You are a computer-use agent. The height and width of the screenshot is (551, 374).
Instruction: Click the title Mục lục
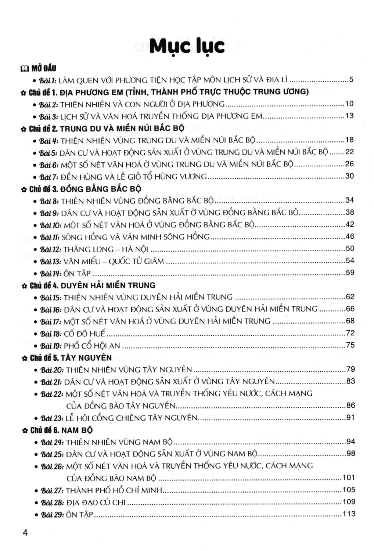187,47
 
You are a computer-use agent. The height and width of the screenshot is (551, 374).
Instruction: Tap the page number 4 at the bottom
25,533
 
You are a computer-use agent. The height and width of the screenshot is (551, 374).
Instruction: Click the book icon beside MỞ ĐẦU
24,68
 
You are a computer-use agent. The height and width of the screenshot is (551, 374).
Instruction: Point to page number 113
349,514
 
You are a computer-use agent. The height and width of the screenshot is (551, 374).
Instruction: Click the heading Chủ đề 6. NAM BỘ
61,430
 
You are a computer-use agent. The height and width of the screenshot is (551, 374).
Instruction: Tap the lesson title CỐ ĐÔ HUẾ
84,334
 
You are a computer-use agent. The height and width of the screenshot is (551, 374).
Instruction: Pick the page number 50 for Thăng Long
349,249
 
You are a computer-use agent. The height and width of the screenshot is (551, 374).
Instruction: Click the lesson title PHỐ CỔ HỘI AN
92,346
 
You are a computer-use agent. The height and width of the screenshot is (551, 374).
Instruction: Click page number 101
349,478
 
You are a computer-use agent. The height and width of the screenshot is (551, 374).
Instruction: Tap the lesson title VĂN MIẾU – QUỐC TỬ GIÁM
114,261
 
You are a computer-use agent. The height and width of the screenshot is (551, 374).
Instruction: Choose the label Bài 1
48,80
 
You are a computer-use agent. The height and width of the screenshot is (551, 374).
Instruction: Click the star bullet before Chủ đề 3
24,190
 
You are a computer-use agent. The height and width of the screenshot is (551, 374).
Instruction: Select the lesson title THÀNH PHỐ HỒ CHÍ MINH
114,490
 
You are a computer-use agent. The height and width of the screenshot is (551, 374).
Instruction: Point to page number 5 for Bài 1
351,79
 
